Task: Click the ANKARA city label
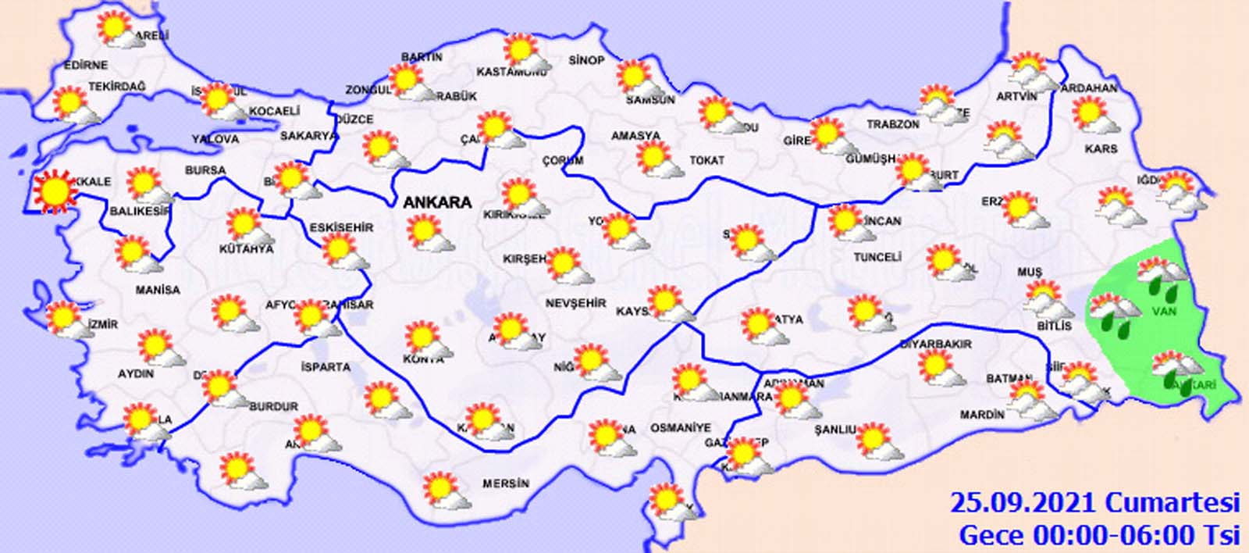[x=437, y=202]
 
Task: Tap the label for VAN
[x=1164, y=312]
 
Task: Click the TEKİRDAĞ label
[x=117, y=87]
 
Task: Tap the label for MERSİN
[x=505, y=483]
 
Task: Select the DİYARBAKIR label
[x=936, y=344]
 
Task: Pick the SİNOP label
[x=586, y=60]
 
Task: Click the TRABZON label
[x=893, y=124]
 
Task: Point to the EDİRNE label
[x=86, y=65]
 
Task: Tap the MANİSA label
[x=158, y=290]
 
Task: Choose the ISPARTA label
[x=326, y=366]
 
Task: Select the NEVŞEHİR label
[x=575, y=303]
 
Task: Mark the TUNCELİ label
[x=877, y=256]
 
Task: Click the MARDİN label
[x=982, y=415]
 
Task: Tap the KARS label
[x=1101, y=148]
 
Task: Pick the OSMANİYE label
[x=681, y=428]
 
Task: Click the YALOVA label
[x=215, y=139]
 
